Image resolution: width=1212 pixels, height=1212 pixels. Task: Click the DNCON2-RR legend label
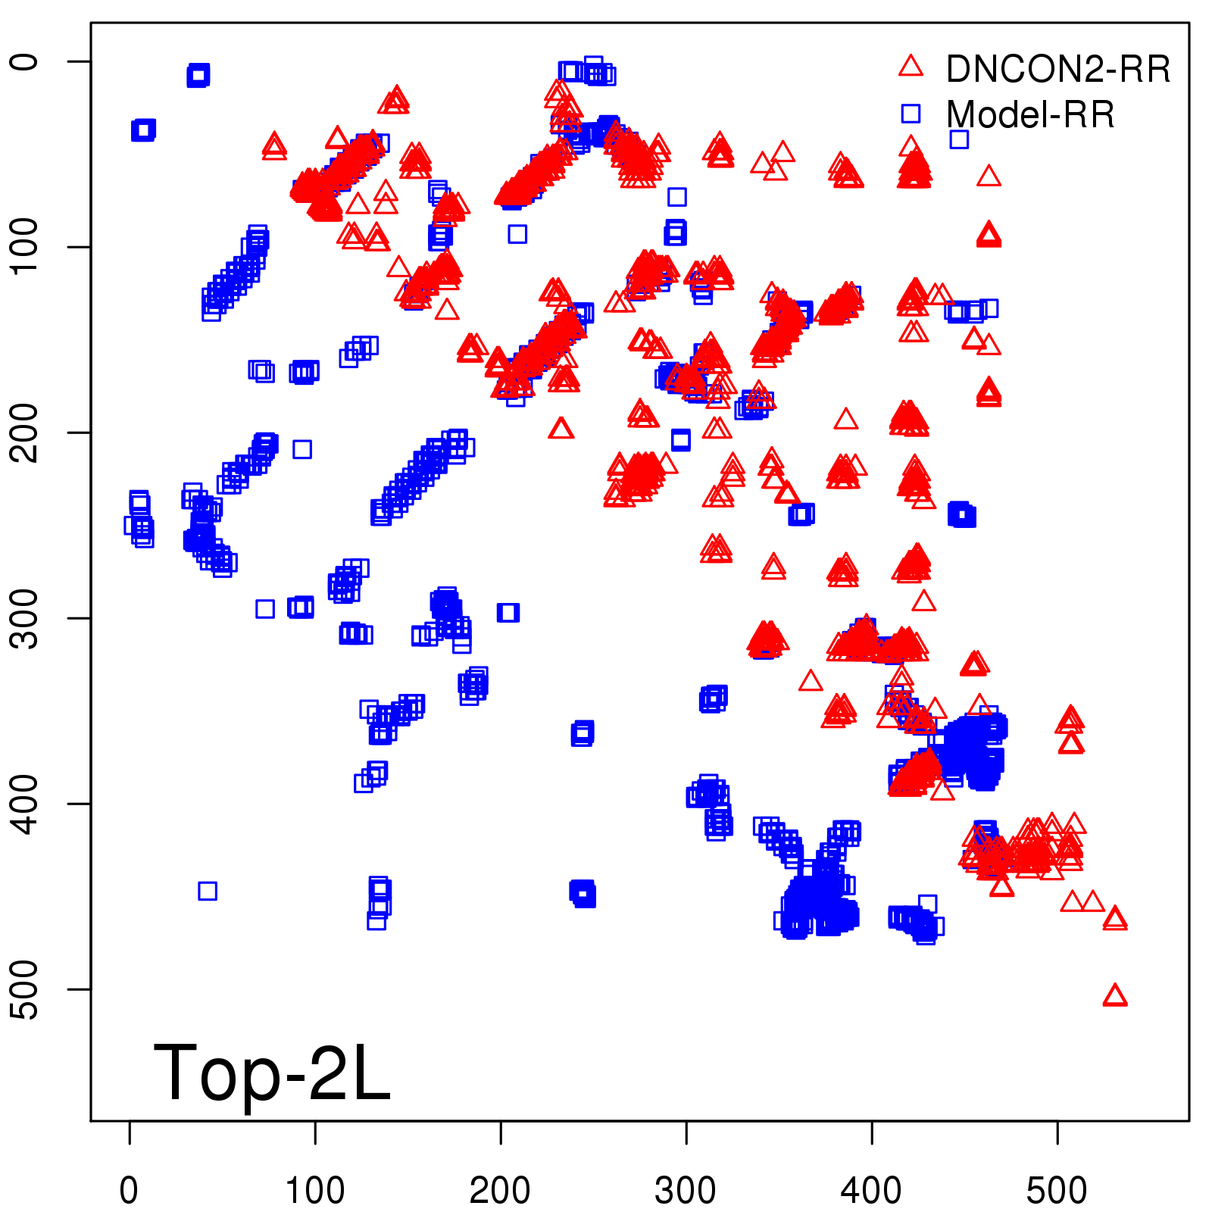(1057, 70)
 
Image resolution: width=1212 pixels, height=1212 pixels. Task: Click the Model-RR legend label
(1030, 115)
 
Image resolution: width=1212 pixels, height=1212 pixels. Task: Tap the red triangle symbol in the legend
(911, 67)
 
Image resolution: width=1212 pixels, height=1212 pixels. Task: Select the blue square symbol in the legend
(911, 114)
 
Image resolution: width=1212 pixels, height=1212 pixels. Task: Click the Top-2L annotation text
(272, 1073)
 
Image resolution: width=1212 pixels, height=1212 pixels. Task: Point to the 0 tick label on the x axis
(129, 1191)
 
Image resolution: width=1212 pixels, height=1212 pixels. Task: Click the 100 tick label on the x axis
(314, 1191)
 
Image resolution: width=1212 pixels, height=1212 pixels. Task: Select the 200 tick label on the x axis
(500, 1191)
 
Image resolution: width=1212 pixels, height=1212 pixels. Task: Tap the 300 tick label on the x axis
(686, 1191)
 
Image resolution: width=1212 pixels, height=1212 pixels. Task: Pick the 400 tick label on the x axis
(871, 1191)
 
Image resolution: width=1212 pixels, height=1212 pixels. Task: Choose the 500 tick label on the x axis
(1057, 1191)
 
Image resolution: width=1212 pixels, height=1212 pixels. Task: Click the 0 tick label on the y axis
(26, 61)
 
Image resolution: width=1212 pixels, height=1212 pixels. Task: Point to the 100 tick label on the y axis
(26, 247)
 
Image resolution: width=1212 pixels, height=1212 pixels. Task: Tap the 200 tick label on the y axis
(26, 433)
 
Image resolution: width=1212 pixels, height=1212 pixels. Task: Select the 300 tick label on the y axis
(26, 618)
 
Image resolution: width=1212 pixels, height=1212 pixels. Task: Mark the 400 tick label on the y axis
(26, 804)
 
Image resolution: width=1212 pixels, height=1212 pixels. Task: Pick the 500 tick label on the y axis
(26, 989)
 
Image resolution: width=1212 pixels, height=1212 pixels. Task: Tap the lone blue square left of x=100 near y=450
(208, 891)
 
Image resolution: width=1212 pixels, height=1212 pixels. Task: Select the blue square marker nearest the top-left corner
(198, 75)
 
